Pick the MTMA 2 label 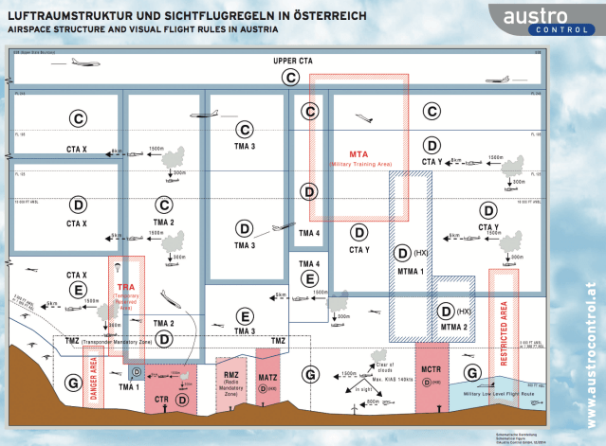[453, 326]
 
